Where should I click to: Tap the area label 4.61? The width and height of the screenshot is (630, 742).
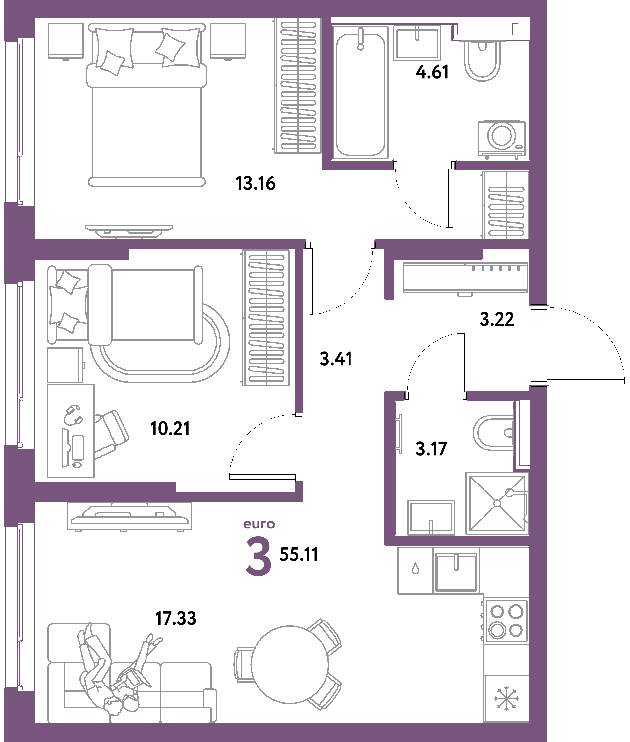pyautogui.click(x=432, y=72)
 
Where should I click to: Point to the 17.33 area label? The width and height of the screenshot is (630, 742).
pyautogui.click(x=176, y=618)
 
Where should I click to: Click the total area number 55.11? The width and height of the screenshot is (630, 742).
pyautogui.click(x=299, y=554)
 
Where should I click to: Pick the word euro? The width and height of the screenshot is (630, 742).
pyautogui.click(x=259, y=524)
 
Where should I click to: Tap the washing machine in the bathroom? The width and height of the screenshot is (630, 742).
pyautogui.click(x=502, y=139)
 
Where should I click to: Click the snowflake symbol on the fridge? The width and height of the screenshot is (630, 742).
pyautogui.click(x=506, y=698)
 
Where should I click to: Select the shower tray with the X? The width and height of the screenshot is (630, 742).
pyautogui.click(x=497, y=503)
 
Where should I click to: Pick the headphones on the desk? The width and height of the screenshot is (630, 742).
pyautogui.click(x=73, y=415)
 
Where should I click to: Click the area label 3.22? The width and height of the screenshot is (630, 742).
pyautogui.click(x=496, y=319)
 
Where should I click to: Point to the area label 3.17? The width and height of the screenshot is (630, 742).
pyautogui.click(x=431, y=449)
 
